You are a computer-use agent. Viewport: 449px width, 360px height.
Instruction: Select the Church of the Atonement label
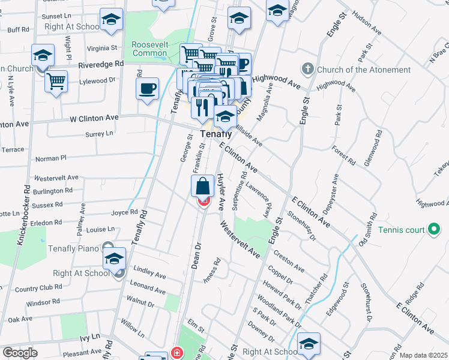(x=364, y=70)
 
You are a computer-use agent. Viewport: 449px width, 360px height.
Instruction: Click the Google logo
(x=19, y=353)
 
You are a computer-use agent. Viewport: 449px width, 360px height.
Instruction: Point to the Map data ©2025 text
(x=423, y=355)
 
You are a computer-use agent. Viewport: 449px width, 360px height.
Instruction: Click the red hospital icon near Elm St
(x=176, y=352)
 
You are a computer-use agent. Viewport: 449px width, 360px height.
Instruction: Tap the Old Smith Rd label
(x=367, y=230)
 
